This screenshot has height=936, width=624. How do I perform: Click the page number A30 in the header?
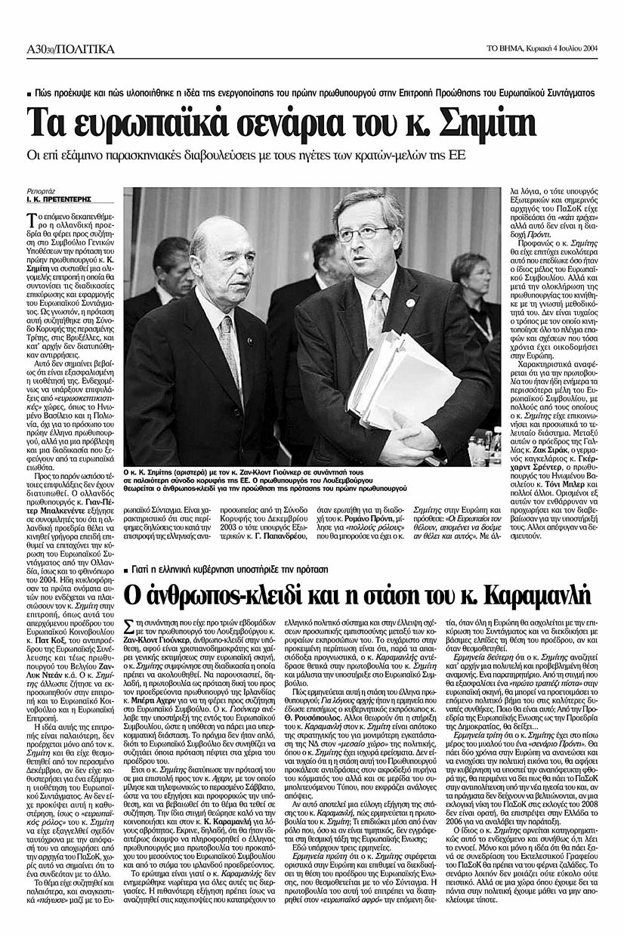38,50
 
